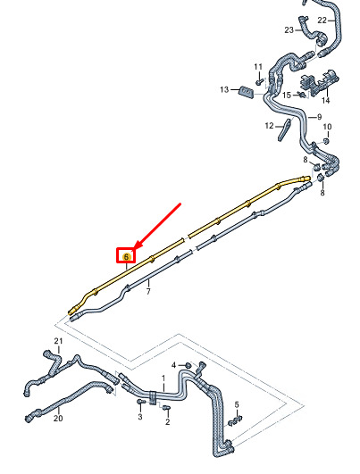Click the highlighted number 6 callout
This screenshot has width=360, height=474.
[x=126, y=257]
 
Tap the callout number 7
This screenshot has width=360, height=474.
[x=148, y=292]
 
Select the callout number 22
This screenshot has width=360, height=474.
[x=322, y=21]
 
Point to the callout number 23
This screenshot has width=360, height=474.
[x=289, y=30]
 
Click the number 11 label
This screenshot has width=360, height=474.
[x=258, y=67]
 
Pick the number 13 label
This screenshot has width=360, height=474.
[x=224, y=90]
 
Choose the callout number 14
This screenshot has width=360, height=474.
[x=325, y=100]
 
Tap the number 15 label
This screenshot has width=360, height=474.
[x=287, y=96]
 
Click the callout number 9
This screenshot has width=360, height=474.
[x=319, y=117]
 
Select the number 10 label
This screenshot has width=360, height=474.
[x=327, y=127]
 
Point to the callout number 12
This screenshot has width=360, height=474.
[x=269, y=126]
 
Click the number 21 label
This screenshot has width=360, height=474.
[x=58, y=341]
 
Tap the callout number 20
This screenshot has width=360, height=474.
[x=58, y=419]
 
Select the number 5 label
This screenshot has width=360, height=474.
[x=237, y=404]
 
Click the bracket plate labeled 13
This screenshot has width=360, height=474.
[x=247, y=92]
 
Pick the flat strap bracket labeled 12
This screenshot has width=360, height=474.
[x=284, y=129]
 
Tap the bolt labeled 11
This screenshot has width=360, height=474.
[x=259, y=82]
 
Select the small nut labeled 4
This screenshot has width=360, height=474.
[x=188, y=365]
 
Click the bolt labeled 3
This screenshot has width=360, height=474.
[x=141, y=402]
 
